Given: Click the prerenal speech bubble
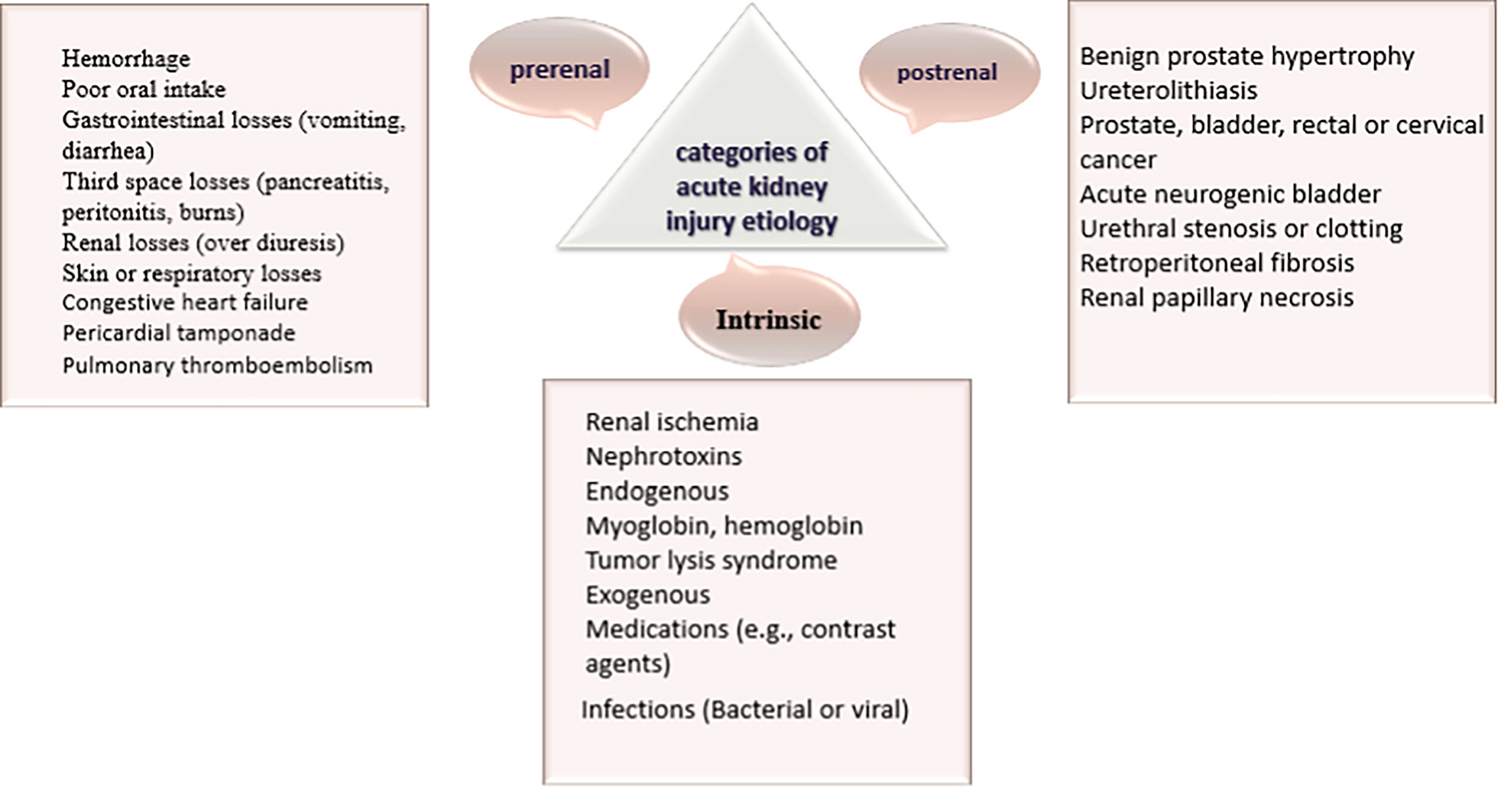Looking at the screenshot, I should pyautogui.click(x=559, y=70).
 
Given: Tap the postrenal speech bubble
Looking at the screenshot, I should pyautogui.click(x=948, y=73).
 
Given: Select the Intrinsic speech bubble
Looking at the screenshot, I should pyautogui.click(x=768, y=319).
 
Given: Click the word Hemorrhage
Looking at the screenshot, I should pyautogui.click(x=126, y=59).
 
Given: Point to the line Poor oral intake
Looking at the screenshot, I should pyautogui.click(x=144, y=89).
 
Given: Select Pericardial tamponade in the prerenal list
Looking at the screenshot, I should pyautogui.click(x=179, y=333).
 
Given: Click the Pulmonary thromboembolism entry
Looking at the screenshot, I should pyautogui.click(x=217, y=365).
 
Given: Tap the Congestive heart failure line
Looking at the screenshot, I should pyautogui.click(x=185, y=303).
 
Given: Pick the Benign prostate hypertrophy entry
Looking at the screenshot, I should pyautogui.click(x=1247, y=57).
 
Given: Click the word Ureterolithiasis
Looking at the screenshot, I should pyautogui.click(x=1168, y=91).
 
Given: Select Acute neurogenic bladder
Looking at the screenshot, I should pyautogui.click(x=1230, y=194).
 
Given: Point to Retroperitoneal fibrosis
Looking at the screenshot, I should pyautogui.click(x=1217, y=263).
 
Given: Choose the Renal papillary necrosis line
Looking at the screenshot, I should pyautogui.click(x=1216, y=297).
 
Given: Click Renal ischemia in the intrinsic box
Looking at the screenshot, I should pyautogui.click(x=672, y=422).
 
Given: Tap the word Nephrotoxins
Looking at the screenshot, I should pyautogui.click(x=663, y=456).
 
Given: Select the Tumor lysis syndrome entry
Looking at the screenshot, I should pyautogui.click(x=711, y=560).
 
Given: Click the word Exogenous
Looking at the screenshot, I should pyautogui.click(x=647, y=595).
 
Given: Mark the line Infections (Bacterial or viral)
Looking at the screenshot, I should pyautogui.click(x=744, y=710).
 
